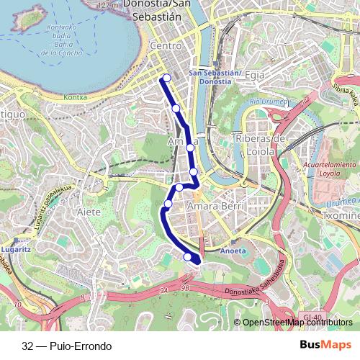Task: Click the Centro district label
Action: pyautogui.click(x=166, y=46)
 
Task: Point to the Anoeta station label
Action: pyautogui.click(x=233, y=251)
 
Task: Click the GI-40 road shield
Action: pyautogui.click(x=312, y=317)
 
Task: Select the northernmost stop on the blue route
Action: pyautogui.click(x=167, y=78)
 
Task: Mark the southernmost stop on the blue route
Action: pyautogui.click(x=188, y=257)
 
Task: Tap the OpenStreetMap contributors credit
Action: pyautogui.click(x=297, y=323)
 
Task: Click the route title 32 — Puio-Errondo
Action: pyautogui.click(x=66, y=346)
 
